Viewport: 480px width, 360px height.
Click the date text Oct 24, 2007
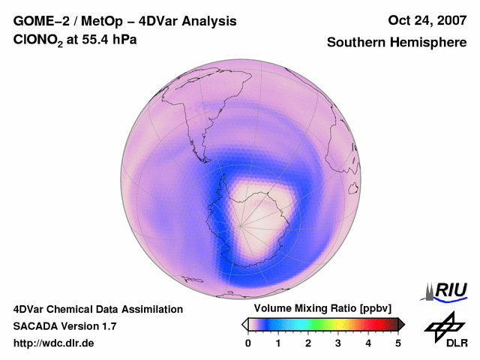[427, 20]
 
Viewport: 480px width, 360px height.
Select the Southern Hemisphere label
[397, 43]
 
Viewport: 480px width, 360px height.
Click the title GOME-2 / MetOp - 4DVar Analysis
[125, 21]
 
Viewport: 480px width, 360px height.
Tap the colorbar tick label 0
[248, 343]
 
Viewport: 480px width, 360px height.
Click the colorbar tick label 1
[278, 343]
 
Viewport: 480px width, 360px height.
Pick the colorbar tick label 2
[308, 343]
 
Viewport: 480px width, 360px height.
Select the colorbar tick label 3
[338, 343]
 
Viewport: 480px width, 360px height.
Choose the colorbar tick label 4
[368, 343]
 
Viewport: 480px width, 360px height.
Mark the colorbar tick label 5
[398, 343]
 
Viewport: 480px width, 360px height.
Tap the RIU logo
[447, 290]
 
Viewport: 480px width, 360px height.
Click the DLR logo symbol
[442, 325]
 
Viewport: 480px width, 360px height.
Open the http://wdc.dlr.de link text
[54, 343]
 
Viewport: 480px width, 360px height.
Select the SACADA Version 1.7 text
[64, 326]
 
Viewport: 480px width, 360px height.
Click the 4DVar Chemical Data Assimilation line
[98, 309]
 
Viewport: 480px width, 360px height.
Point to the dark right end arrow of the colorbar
[401, 324]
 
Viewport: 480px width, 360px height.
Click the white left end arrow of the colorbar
[244, 324]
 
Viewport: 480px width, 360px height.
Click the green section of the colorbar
[319, 324]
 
